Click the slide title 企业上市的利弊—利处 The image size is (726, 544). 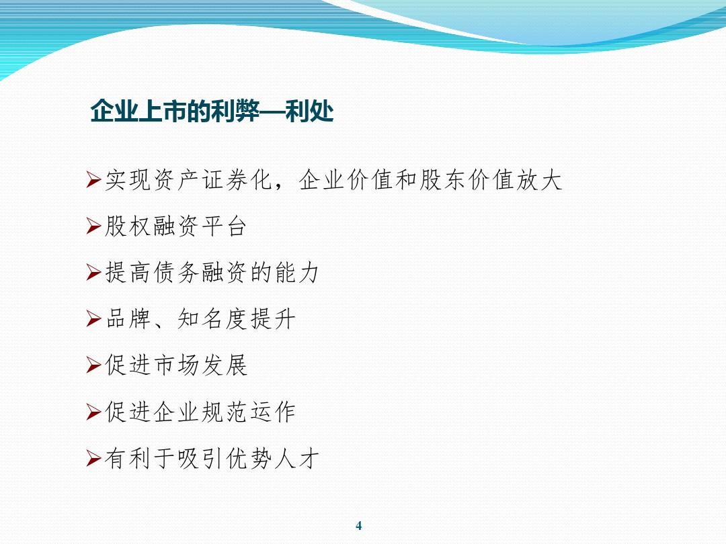[212, 111]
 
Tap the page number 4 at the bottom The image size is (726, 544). [358, 526]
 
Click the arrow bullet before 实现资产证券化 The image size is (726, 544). [93, 181]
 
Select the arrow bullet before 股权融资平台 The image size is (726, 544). [93, 228]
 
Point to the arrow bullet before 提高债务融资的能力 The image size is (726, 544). [93, 274]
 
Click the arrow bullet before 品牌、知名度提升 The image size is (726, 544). [93, 320]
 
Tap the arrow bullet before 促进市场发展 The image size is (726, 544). [93, 367]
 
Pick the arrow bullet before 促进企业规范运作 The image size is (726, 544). [93, 413]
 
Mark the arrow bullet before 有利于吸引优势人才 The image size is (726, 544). [93, 459]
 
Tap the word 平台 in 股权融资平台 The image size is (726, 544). [223, 228]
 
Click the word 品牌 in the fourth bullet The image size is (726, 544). [128, 320]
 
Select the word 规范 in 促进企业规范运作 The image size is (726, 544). [223, 413]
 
